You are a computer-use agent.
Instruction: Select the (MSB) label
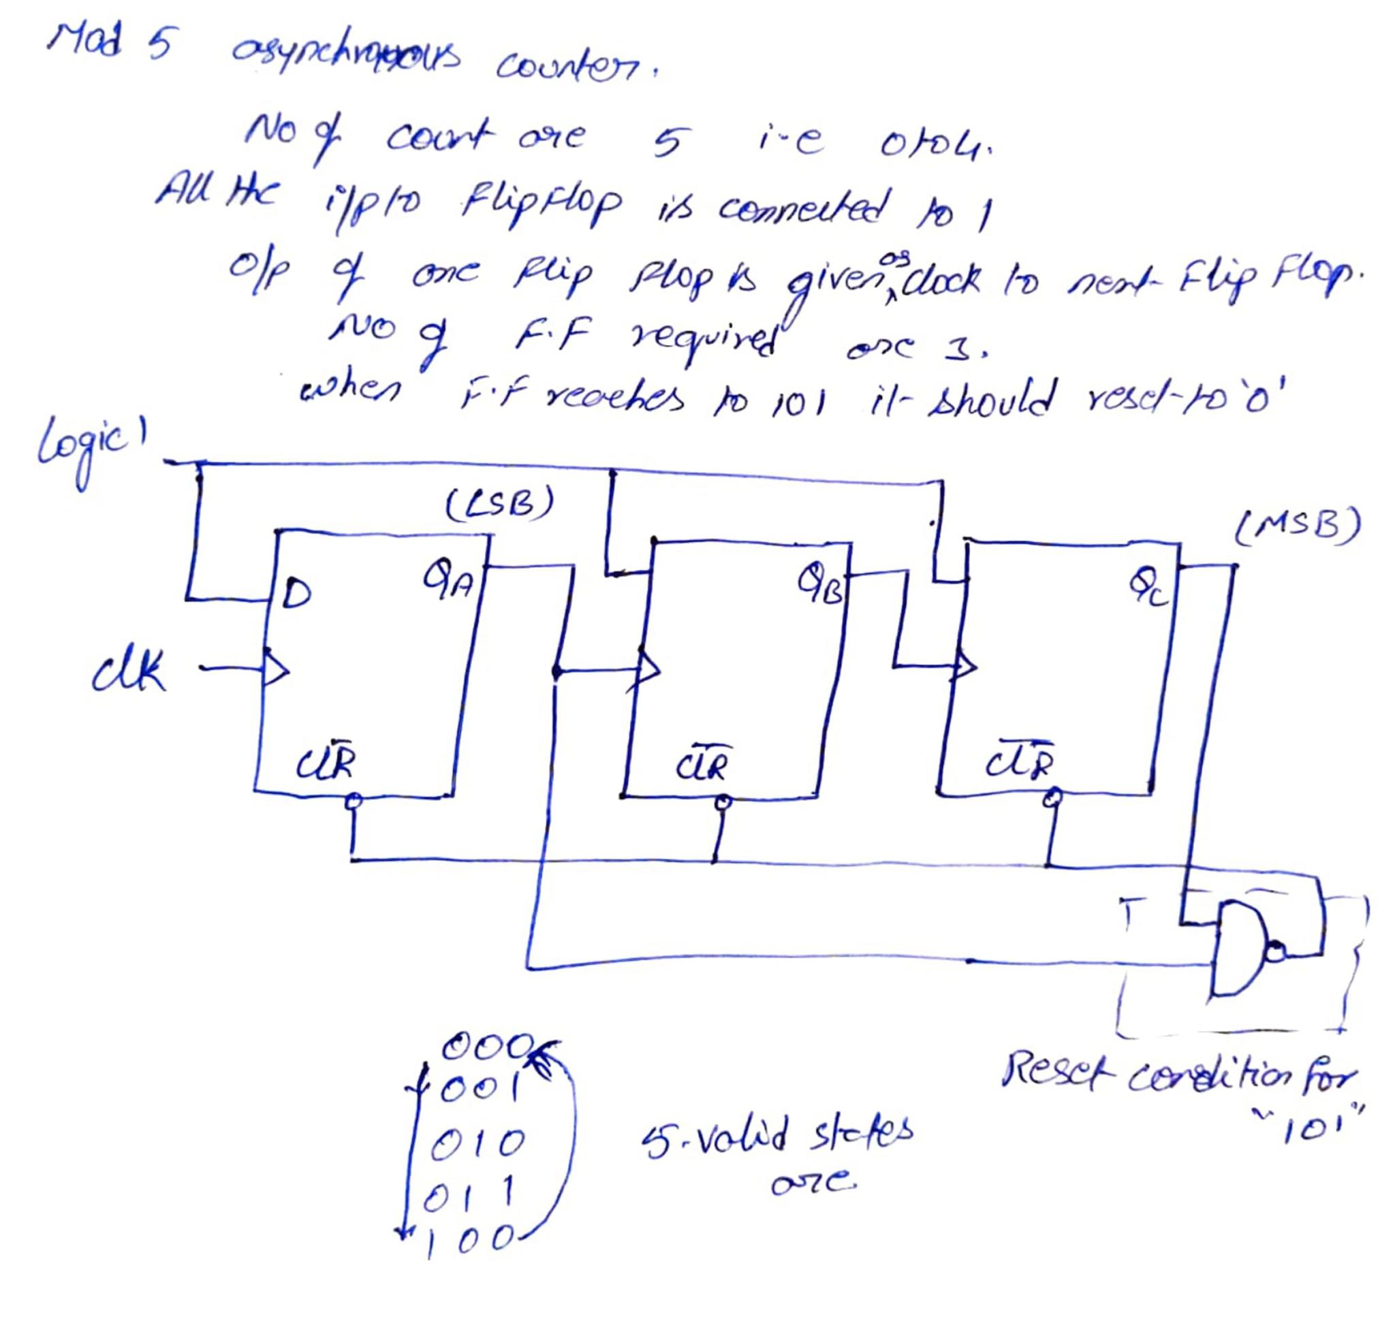coord(1298,526)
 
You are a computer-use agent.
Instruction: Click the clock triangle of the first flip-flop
coord(277,670)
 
